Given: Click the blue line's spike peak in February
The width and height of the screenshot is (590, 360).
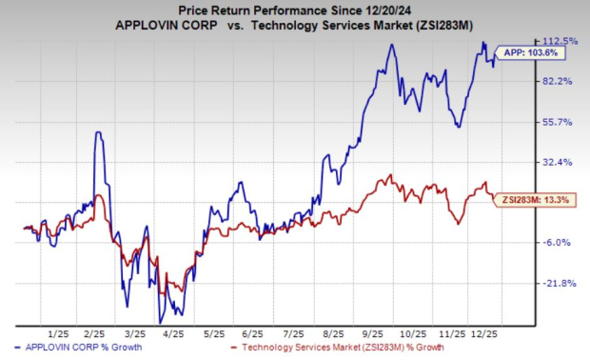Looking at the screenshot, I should (x=97, y=132).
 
